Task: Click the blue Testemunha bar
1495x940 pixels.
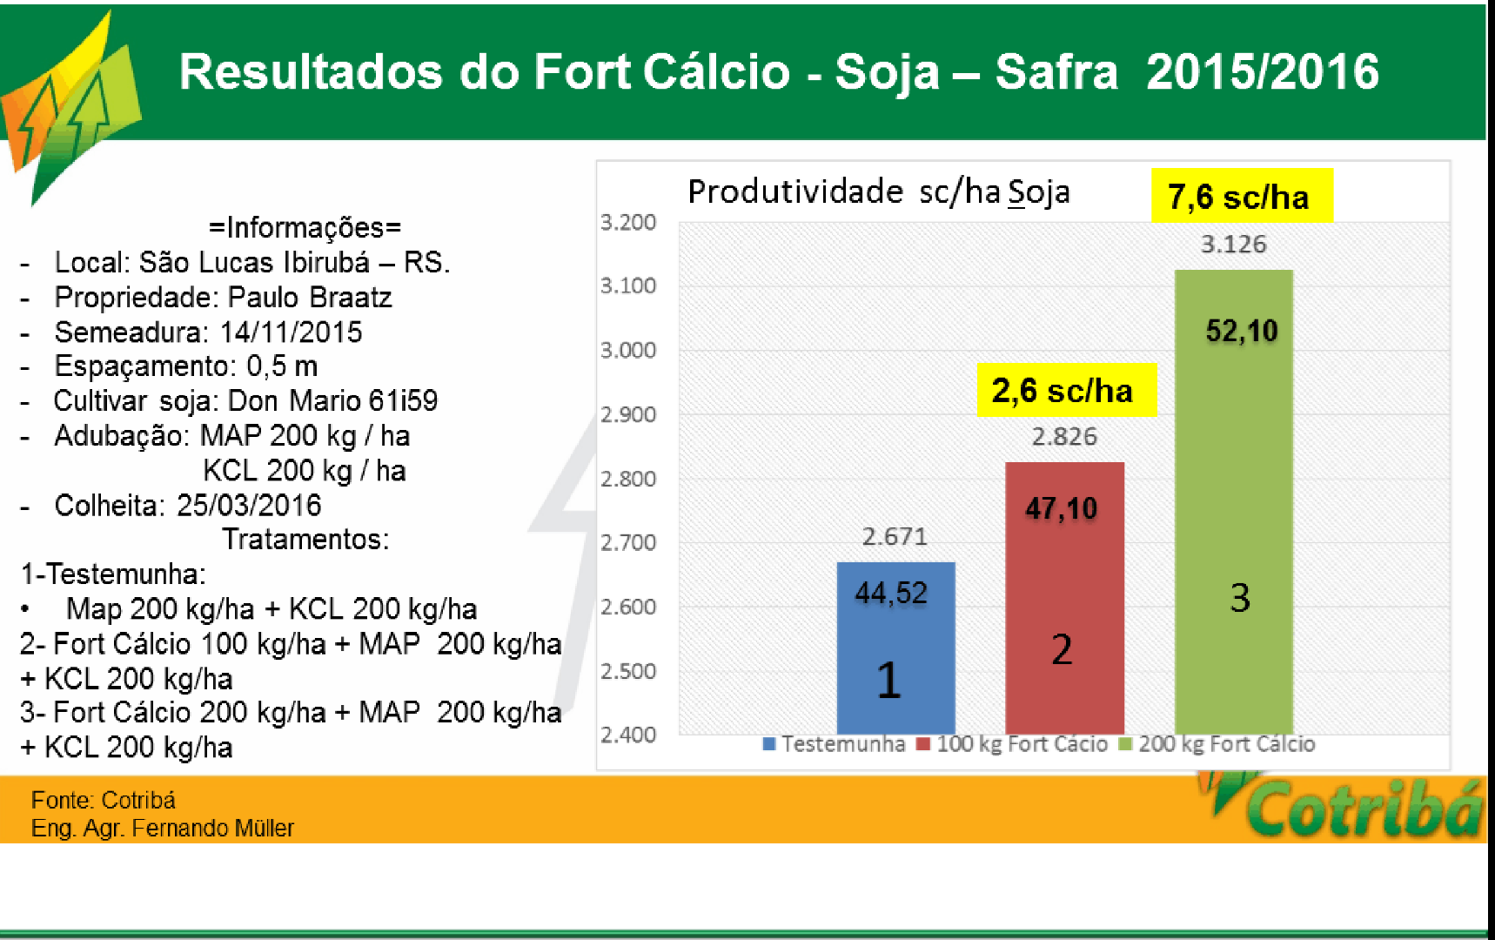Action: [895, 648]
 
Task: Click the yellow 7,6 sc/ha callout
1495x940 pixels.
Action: [1241, 196]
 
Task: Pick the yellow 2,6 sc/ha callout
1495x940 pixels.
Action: [1065, 390]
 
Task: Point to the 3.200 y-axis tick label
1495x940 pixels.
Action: [627, 223]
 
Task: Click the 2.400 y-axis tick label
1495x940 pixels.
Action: [627, 735]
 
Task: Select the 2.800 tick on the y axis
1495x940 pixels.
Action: [627, 479]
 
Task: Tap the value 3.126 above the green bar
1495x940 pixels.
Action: [1233, 245]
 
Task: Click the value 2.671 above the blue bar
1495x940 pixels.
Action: [895, 536]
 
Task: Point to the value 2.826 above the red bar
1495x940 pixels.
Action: [1064, 437]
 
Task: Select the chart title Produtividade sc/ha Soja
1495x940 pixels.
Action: [878, 191]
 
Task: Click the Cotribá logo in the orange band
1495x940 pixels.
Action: [1358, 808]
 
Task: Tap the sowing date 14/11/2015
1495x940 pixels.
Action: [291, 332]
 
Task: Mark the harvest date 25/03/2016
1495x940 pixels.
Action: [249, 506]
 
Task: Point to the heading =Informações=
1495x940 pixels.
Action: [305, 228]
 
